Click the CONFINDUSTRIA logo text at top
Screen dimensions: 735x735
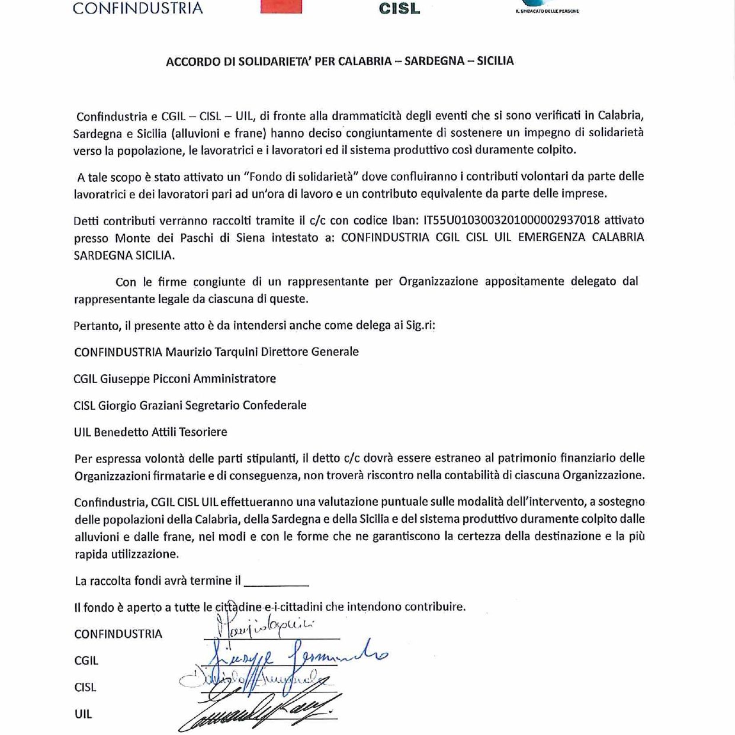point(137,8)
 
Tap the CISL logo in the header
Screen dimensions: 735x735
point(399,8)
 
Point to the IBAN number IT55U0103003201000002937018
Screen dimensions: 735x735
point(511,220)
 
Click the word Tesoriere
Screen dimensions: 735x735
point(204,432)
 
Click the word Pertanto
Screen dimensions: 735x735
point(97,325)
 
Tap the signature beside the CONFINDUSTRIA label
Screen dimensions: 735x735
point(267,627)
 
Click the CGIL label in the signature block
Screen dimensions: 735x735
point(86,660)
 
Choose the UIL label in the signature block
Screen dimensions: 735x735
point(84,714)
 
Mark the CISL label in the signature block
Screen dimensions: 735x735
point(85,687)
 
